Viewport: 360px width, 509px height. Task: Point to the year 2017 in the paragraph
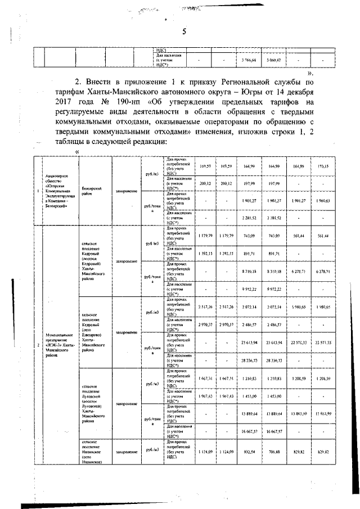[x=67, y=102]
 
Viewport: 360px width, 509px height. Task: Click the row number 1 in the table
[x=38, y=191]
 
